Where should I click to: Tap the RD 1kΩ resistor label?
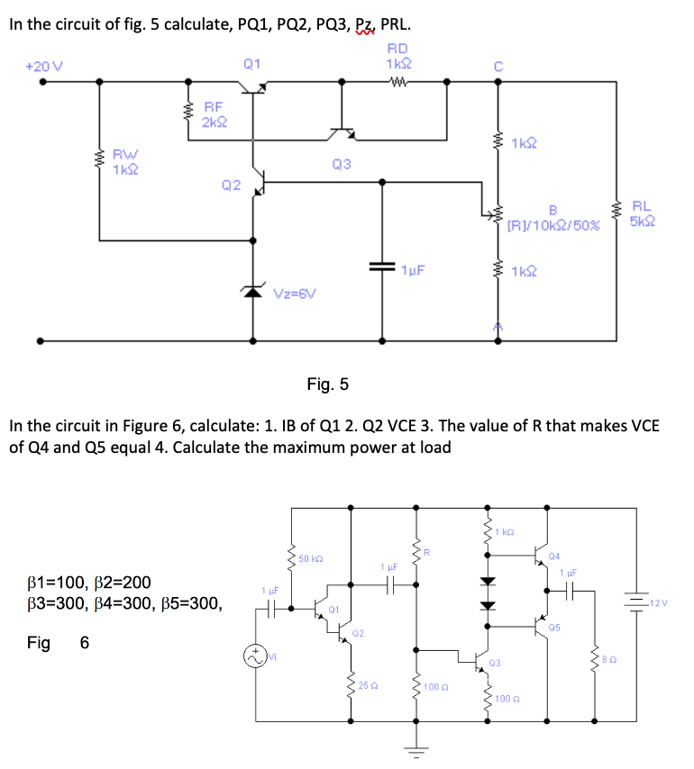tap(397, 57)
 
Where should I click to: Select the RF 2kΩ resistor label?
tap(214, 114)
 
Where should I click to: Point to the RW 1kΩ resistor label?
tap(124, 162)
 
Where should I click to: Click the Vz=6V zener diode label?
tap(301, 294)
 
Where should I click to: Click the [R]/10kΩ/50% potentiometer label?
tap(554, 222)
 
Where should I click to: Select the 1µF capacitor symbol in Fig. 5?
tap(382, 267)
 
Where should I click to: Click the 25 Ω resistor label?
tap(366, 687)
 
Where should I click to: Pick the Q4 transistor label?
tap(554, 556)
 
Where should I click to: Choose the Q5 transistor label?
tap(554, 626)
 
